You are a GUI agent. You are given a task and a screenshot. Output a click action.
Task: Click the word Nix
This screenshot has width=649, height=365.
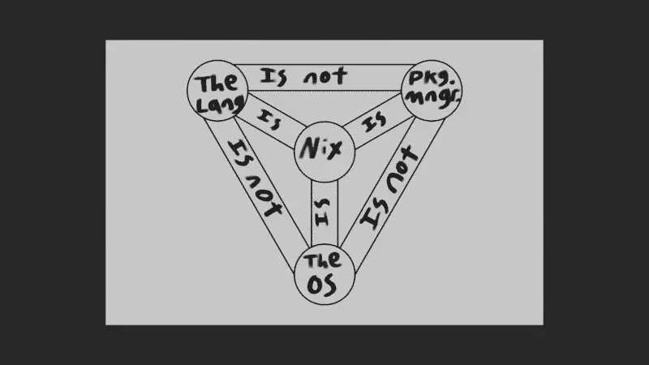pyautogui.click(x=321, y=148)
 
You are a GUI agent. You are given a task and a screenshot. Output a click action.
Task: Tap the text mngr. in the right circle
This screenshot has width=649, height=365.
pyautogui.click(x=432, y=98)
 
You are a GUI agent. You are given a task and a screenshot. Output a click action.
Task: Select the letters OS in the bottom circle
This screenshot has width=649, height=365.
pyautogui.click(x=321, y=286)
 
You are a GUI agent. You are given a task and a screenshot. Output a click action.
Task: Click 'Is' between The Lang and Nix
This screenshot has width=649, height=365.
pyautogui.click(x=269, y=119)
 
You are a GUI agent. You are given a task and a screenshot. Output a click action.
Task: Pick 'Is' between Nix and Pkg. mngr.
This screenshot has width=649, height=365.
pyautogui.click(x=375, y=122)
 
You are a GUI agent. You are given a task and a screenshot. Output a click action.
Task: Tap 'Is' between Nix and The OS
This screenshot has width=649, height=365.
pyautogui.click(x=322, y=213)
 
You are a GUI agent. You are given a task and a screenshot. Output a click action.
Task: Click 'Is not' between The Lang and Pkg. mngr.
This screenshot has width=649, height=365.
pyautogui.click(x=303, y=77)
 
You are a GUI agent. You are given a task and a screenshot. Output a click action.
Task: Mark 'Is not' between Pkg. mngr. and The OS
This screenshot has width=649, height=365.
pyautogui.click(x=389, y=187)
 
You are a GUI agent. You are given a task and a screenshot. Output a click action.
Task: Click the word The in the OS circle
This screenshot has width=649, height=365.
pyautogui.click(x=323, y=260)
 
